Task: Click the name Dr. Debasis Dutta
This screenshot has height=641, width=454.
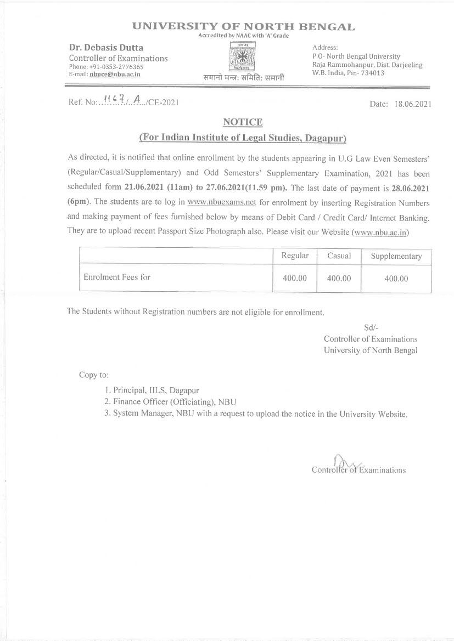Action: pos(98,48)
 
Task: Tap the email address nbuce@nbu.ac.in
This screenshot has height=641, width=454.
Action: pos(115,74)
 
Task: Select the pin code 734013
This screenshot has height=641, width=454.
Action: pos(372,73)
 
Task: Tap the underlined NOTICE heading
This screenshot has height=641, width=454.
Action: pos(242,122)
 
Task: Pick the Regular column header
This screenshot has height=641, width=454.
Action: pos(295,256)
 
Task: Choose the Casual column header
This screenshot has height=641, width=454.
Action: pos(339,256)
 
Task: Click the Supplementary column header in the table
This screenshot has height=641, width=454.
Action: pos(396,256)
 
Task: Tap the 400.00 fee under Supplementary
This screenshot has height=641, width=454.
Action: pos(396,279)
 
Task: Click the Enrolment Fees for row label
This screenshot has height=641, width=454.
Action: pos(117,277)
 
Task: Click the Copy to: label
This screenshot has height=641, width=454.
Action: pos(94,375)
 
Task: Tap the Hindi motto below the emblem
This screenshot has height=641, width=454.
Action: pos(243,78)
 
